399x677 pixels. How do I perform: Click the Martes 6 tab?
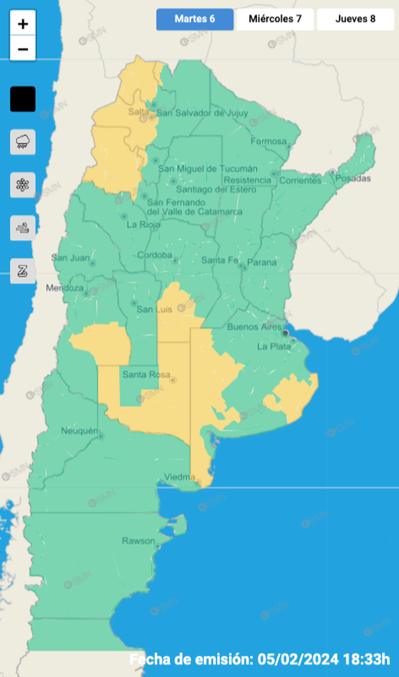click(x=194, y=19)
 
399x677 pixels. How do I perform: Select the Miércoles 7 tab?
click(x=275, y=19)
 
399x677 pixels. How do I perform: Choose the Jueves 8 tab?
click(x=355, y=19)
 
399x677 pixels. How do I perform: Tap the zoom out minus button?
click(x=23, y=49)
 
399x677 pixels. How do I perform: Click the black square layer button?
click(x=23, y=100)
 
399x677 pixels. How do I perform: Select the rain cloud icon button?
click(x=23, y=141)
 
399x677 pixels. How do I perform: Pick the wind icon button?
click(x=23, y=228)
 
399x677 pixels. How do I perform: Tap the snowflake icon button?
click(x=23, y=185)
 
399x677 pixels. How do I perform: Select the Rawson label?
click(x=138, y=541)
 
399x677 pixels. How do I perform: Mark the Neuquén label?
click(x=79, y=431)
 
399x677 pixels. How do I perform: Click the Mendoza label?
click(x=65, y=288)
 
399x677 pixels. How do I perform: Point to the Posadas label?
click(x=355, y=179)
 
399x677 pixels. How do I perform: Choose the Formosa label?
click(x=268, y=141)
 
